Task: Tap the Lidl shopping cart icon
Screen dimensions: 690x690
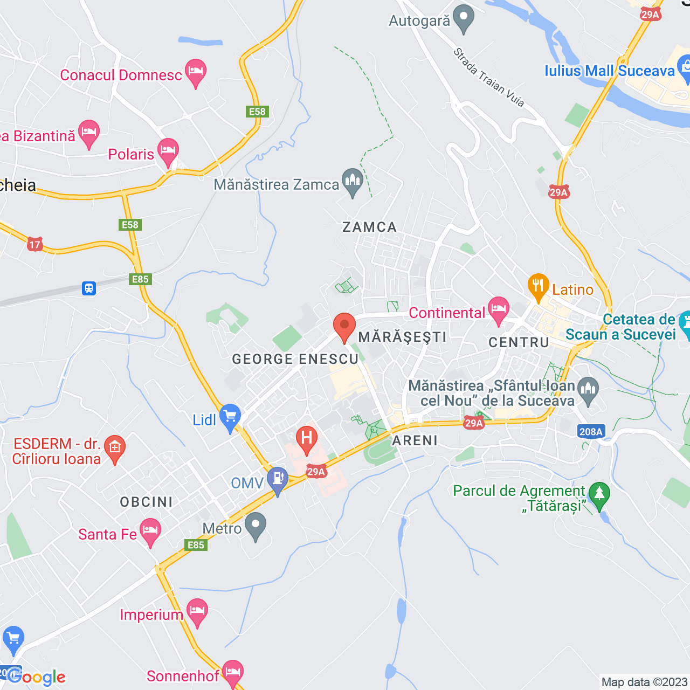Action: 230,417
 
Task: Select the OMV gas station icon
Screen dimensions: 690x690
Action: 278,479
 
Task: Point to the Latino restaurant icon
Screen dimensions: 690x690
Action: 538,286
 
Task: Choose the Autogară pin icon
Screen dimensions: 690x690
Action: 463,18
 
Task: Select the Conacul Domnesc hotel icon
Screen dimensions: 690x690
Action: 196,72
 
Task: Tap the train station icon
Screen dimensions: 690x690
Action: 89,288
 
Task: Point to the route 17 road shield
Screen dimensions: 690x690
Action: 35,245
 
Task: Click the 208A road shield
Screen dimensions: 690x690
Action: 591,431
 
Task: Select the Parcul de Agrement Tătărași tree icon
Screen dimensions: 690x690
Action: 599,494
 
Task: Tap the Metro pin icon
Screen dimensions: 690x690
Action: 256,525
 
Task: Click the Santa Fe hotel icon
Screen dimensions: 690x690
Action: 150,531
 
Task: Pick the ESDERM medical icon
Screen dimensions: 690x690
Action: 114,448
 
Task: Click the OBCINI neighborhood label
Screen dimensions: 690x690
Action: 147,502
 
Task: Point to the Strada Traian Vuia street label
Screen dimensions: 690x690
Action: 488,78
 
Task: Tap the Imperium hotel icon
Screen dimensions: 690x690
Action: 197,611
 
